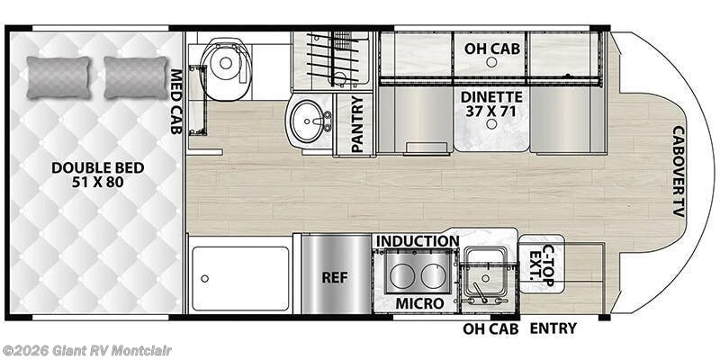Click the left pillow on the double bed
58,76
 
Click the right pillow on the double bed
136,76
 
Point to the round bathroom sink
310,121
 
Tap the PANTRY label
356,125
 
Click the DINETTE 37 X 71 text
490,102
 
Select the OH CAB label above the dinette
490,47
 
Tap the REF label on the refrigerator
335,277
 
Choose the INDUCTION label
418,241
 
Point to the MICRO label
418,303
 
